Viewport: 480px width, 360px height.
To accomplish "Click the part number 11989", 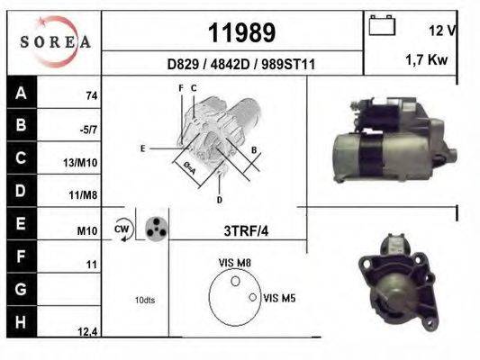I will point(241,33).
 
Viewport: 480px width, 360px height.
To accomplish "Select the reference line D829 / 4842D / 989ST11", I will point(240,65).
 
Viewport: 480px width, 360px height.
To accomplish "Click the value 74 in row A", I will point(91,95).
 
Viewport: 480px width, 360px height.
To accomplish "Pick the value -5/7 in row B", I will point(89,130).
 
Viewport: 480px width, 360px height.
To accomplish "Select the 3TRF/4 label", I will point(245,230).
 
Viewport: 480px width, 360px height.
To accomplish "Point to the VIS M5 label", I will point(280,296).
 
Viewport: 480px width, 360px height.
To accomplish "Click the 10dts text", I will point(144,300).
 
